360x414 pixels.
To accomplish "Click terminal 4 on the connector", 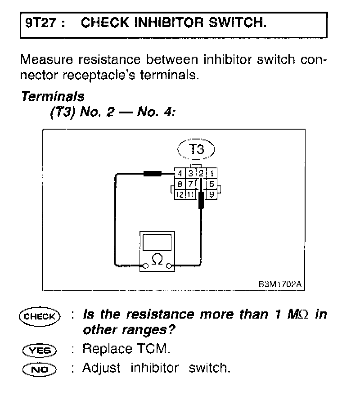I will (180, 173).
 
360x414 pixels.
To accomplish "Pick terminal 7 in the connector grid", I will (191, 184).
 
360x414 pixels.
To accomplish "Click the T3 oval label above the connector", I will (196, 150).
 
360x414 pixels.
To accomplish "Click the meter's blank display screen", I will (157, 243).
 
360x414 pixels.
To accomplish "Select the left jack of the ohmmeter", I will (145, 266).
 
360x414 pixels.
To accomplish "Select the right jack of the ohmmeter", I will (169, 266).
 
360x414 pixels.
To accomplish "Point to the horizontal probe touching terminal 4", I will (153, 173).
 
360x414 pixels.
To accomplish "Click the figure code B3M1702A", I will (279, 284).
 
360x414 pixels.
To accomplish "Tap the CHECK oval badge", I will (39, 315).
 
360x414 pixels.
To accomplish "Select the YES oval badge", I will (39, 350).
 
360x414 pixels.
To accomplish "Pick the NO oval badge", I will (39, 369).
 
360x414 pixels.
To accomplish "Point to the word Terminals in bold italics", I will (52, 96).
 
